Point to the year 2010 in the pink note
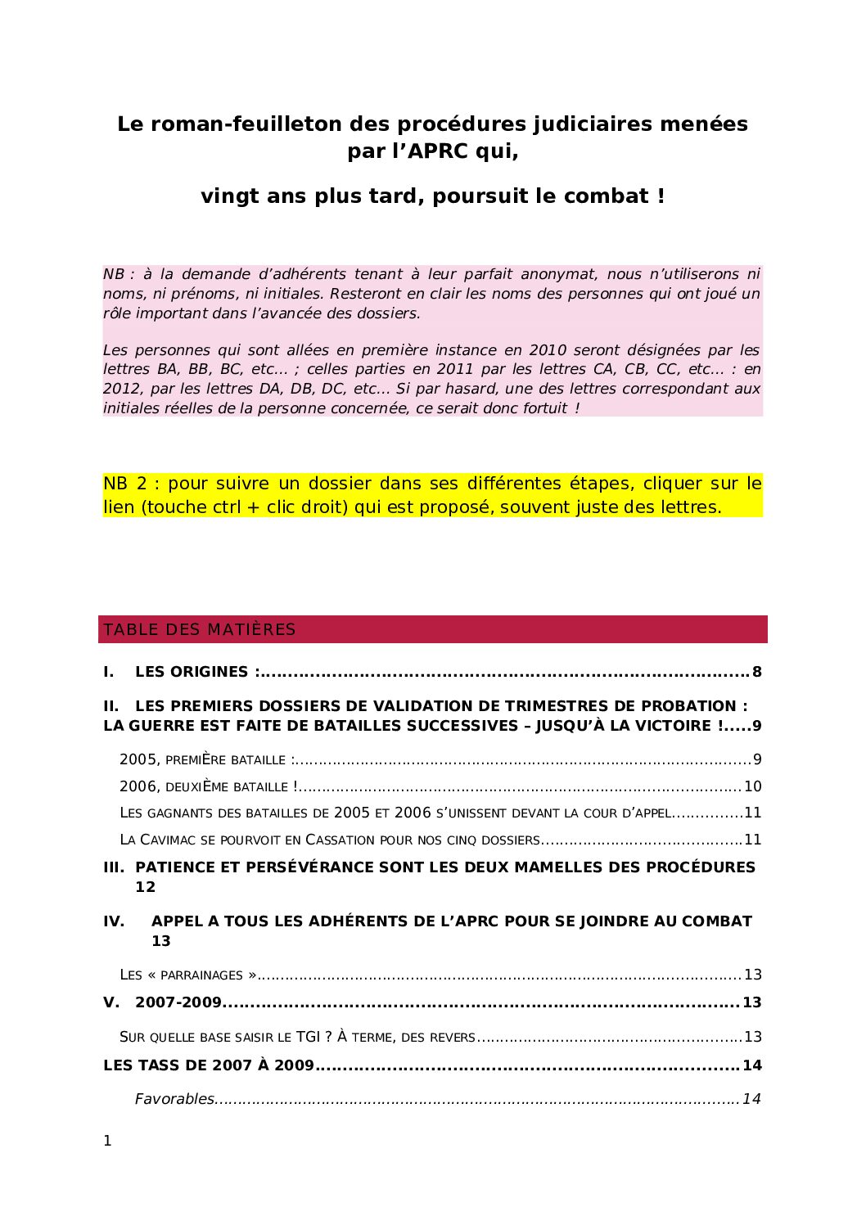tap(547, 350)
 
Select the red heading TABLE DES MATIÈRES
tap(199, 629)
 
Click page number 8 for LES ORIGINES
tap(756, 672)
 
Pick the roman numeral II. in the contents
tap(111, 706)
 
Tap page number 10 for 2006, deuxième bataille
tap(752, 786)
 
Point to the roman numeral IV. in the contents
tap(114, 921)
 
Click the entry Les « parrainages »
tap(187, 975)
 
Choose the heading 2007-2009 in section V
tap(178, 1002)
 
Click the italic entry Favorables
tap(174, 1099)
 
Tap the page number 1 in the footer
tap(107, 1141)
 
